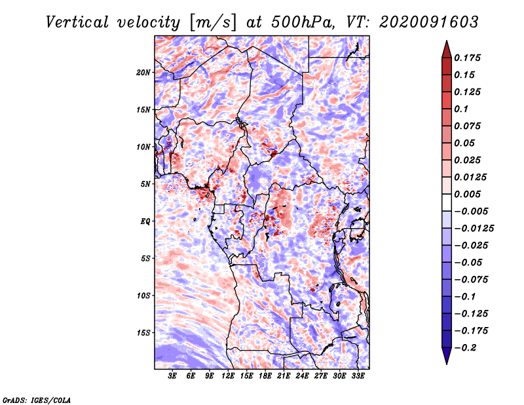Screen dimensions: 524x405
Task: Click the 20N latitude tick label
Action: point(143,73)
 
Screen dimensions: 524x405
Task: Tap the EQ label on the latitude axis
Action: point(145,222)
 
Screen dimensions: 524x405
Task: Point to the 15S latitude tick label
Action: point(143,333)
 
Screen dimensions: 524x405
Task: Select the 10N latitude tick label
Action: point(143,147)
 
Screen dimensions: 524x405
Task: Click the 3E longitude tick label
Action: point(172,376)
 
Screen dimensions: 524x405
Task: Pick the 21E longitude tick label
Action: point(284,376)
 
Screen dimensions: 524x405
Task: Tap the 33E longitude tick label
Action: point(358,376)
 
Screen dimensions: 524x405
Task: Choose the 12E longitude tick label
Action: point(228,376)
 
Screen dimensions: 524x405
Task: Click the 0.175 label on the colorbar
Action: point(468,58)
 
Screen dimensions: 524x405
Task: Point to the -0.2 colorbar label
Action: point(466,348)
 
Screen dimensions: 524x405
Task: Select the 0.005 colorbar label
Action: point(468,194)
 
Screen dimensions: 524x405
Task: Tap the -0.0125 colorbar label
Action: point(474,229)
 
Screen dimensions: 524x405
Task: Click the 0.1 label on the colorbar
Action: point(462,109)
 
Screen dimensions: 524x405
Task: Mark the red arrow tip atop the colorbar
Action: point(447,41)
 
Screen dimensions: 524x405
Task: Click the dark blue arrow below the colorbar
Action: point(447,356)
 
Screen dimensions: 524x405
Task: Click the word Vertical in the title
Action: point(77,22)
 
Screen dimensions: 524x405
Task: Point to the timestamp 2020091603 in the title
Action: point(429,22)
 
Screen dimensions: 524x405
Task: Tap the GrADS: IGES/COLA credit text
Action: point(37,400)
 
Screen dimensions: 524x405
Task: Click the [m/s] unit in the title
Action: point(213,22)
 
